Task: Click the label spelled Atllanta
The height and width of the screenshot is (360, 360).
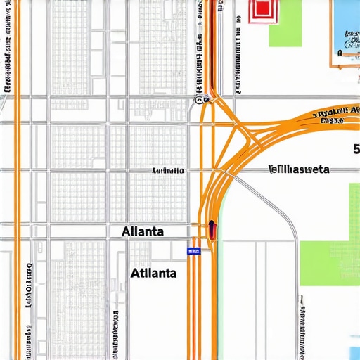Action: pos(154,272)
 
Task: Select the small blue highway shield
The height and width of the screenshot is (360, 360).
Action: pos(193,250)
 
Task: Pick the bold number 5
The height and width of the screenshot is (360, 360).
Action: pos(356,149)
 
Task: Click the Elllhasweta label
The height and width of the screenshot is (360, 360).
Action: pos(299,169)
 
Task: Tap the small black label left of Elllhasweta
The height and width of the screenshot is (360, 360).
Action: pos(168,170)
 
